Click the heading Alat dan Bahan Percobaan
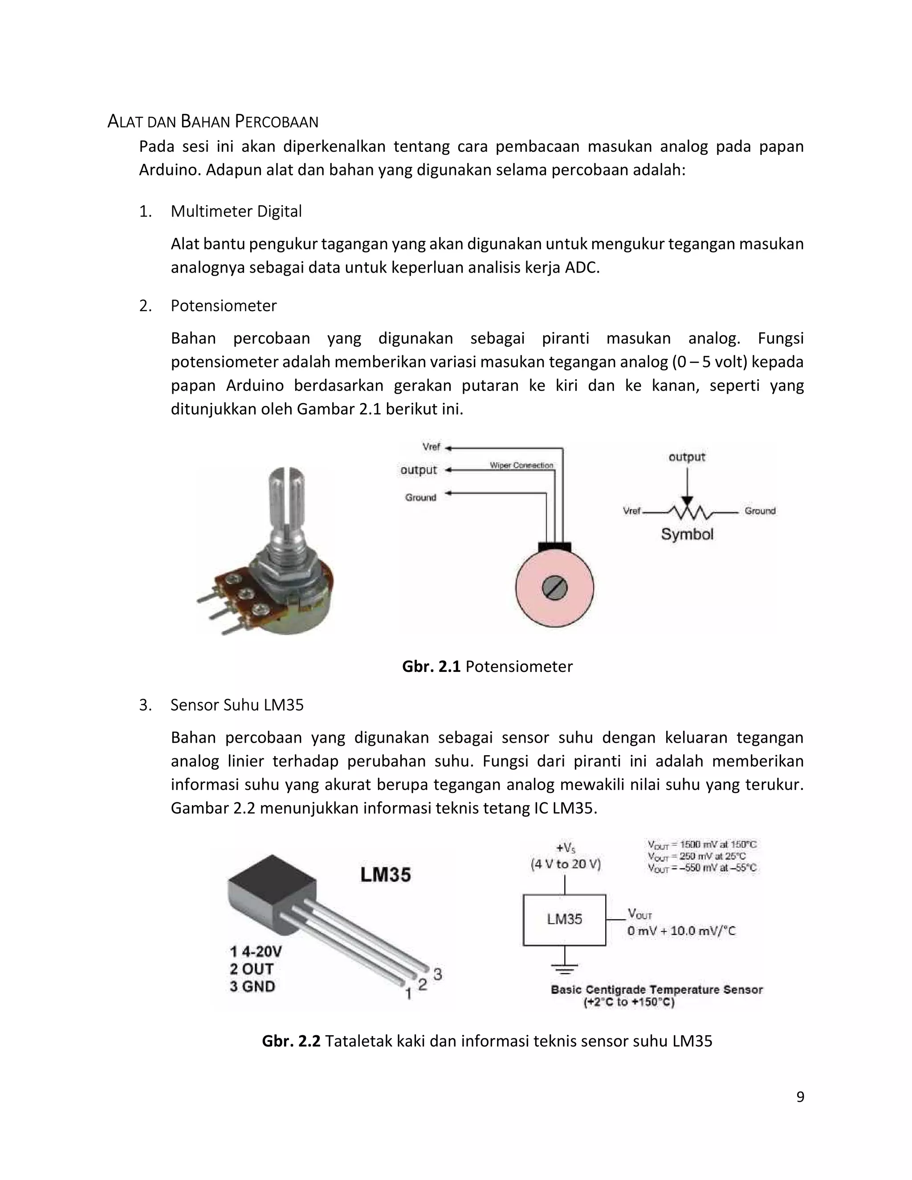(213, 122)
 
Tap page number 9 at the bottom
(800, 1096)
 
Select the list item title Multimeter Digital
(236, 211)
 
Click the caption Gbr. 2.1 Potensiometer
(487, 666)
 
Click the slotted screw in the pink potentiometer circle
(554, 588)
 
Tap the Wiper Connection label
(521, 465)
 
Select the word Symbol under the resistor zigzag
(687, 534)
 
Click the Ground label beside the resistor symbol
(760, 511)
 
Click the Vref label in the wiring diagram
(431, 447)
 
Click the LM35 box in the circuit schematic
(564, 920)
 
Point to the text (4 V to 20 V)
(565, 864)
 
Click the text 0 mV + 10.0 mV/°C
(681, 931)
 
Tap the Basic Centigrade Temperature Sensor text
(656, 989)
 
